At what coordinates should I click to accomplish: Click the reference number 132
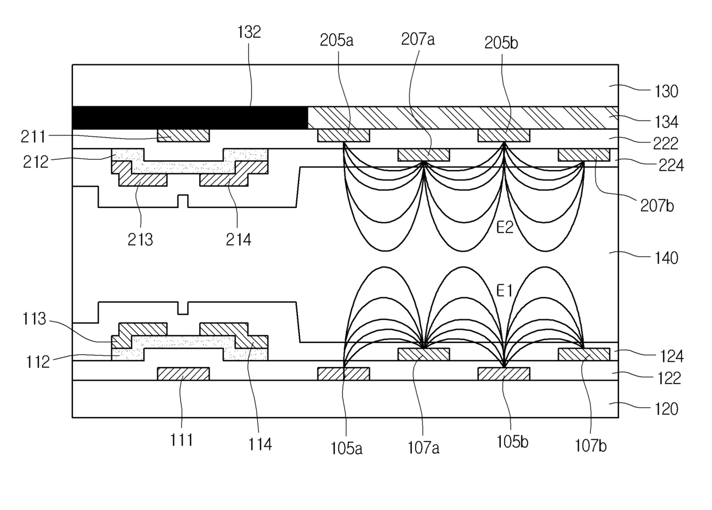tap(249, 32)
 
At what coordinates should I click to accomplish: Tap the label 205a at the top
tap(336, 40)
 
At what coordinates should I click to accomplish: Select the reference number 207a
tap(417, 40)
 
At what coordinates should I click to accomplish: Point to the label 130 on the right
tap(666, 91)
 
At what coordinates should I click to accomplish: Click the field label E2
tap(505, 227)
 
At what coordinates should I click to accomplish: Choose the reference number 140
tap(666, 258)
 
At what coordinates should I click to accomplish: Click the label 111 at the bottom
tap(181, 441)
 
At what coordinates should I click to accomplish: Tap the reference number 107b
tap(591, 446)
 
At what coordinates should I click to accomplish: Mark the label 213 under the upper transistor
tap(140, 239)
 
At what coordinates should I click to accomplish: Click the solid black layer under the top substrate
tap(190, 118)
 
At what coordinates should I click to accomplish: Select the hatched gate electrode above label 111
tap(183, 373)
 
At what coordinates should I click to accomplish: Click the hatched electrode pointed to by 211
tap(183, 136)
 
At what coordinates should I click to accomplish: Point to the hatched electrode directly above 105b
tap(504, 373)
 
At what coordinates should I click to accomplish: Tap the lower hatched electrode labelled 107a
tap(424, 354)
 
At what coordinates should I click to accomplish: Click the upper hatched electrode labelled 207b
tap(584, 155)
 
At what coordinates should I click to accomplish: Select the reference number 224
tap(671, 165)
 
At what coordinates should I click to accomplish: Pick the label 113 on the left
tap(34, 319)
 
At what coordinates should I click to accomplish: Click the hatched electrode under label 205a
tap(343, 136)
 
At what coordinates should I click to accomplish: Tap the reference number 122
tap(669, 378)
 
